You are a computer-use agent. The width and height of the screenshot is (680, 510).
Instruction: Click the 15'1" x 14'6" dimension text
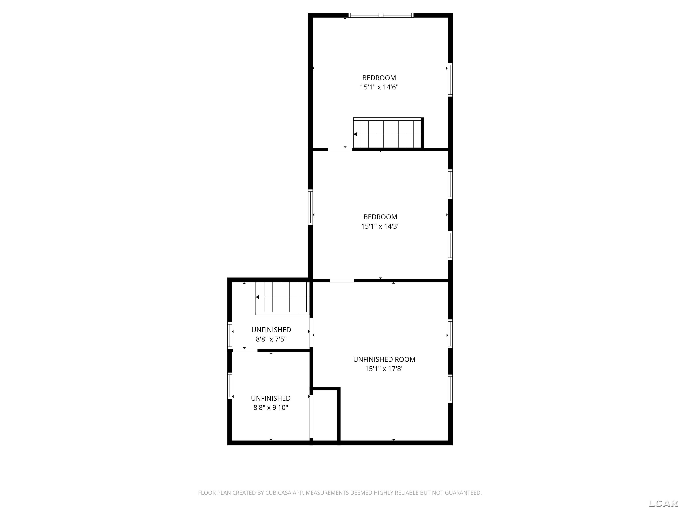pos(379,87)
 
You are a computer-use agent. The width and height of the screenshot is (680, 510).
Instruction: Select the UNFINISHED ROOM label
pos(384,359)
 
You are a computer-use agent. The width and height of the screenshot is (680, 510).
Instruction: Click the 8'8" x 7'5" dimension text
pos(271,339)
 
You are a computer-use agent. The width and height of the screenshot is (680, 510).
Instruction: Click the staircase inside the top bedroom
pos(388,134)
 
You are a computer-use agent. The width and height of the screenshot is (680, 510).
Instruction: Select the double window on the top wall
pos(381,15)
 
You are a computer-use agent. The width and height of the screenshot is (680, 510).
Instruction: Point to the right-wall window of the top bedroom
pos(450,80)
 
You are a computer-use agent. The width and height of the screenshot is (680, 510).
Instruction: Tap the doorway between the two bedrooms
pos(340,150)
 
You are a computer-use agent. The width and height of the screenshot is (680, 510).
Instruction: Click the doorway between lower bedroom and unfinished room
pos(342,280)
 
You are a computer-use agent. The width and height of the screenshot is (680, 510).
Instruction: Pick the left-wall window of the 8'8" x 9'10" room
pos(230,386)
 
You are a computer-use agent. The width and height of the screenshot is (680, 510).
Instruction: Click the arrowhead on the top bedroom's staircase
pos(355,134)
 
